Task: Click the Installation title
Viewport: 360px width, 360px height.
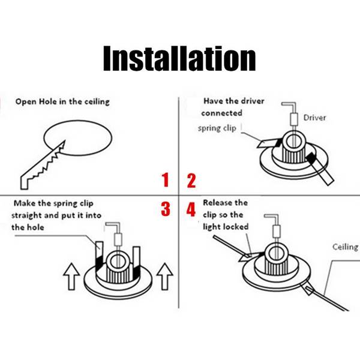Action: [179, 58]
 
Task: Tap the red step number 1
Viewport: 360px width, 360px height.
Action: [166, 180]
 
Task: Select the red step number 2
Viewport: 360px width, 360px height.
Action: [191, 181]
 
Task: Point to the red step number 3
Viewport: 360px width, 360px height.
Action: [166, 209]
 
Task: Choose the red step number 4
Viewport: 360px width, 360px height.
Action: [191, 209]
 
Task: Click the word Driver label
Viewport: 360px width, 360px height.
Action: [314, 118]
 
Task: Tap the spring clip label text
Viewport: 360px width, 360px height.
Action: [217, 128]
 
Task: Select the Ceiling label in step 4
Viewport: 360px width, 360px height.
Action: [345, 247]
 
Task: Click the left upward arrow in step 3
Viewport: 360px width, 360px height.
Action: [71, 276]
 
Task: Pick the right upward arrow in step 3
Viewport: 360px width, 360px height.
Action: [164, 276]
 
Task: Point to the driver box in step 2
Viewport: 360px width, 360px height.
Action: [294, 119]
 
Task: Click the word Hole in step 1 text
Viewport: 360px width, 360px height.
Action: [48, 101]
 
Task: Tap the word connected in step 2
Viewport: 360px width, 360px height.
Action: [221, 113]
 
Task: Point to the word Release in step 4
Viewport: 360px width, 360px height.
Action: [215, 203]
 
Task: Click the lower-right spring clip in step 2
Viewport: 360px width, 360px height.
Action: [320, 169]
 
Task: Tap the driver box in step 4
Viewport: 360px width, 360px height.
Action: [277, 232]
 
